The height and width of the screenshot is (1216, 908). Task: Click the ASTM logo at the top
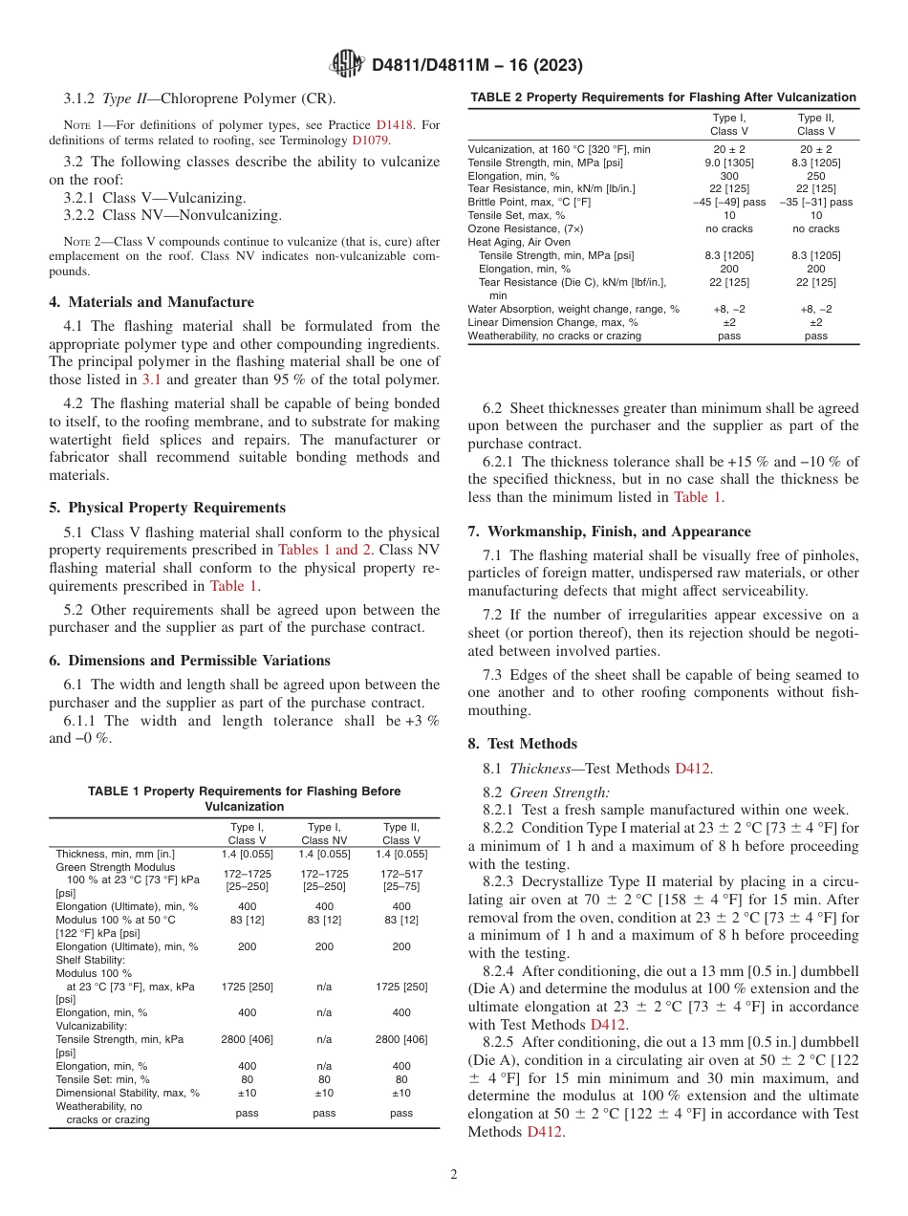[346, 65]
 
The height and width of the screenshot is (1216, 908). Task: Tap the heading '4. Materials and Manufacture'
[151, 302]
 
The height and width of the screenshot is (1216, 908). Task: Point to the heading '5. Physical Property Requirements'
[166, 508]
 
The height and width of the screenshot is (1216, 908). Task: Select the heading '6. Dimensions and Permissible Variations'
[189, 661]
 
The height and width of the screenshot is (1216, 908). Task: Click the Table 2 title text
[661, 98]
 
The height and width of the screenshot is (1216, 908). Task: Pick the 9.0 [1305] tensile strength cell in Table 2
[723, 162]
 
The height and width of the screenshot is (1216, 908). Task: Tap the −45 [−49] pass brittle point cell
[723, 202]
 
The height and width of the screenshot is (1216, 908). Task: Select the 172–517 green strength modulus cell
[401, 874]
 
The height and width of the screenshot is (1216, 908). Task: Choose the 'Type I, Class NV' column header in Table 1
[324, 834]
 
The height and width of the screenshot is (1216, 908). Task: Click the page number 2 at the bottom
[454, 1175]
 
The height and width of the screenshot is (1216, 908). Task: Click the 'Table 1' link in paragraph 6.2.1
[698, 496]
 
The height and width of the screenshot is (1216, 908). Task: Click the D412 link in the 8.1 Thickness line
[693, 768]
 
